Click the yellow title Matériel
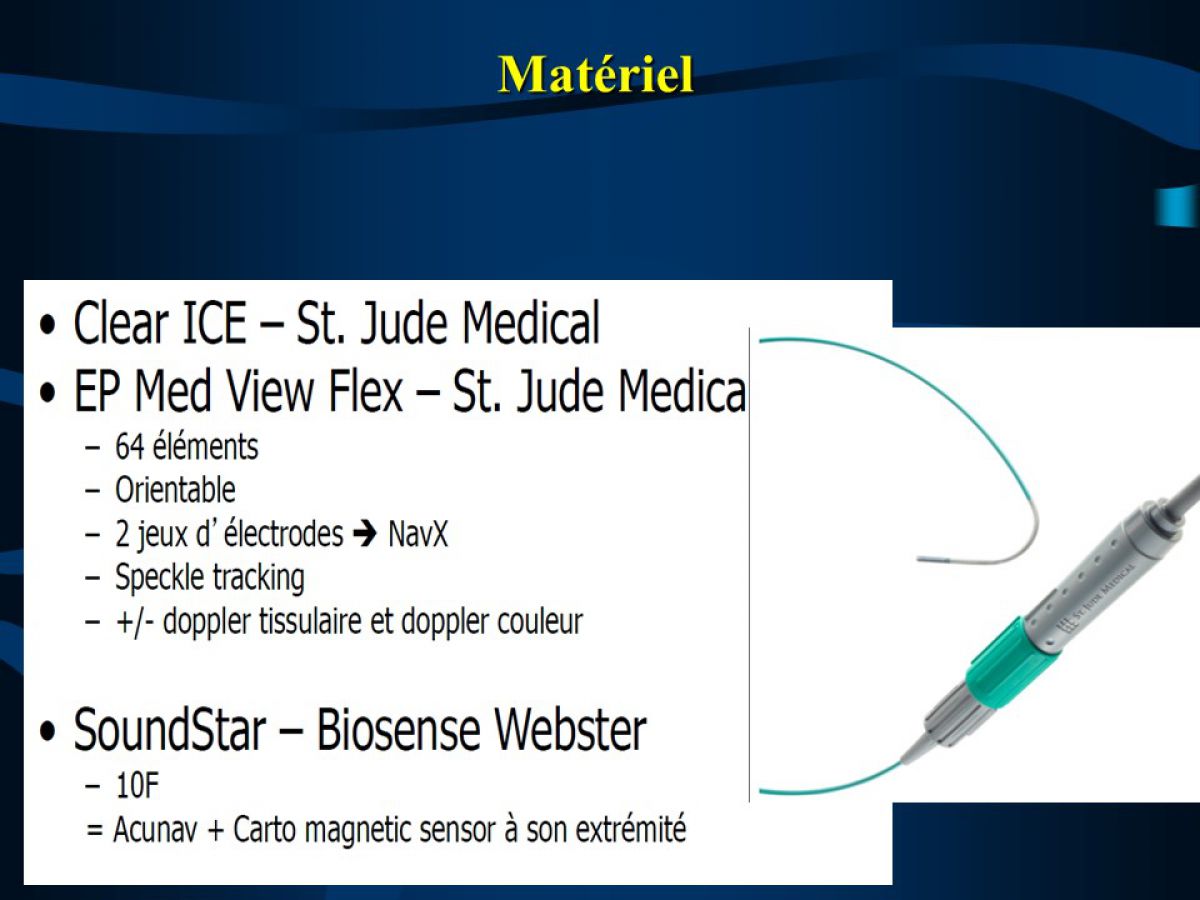pos(595,75)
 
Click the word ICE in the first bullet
pos(214,323)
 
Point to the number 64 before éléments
pos(130,447)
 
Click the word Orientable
pos(175,490)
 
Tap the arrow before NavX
pos(365,534)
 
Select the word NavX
pos(418,534)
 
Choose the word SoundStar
pos(169,730)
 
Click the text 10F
pos(137,786)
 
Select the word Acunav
pos(155,830)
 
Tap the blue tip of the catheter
pos(928,559)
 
